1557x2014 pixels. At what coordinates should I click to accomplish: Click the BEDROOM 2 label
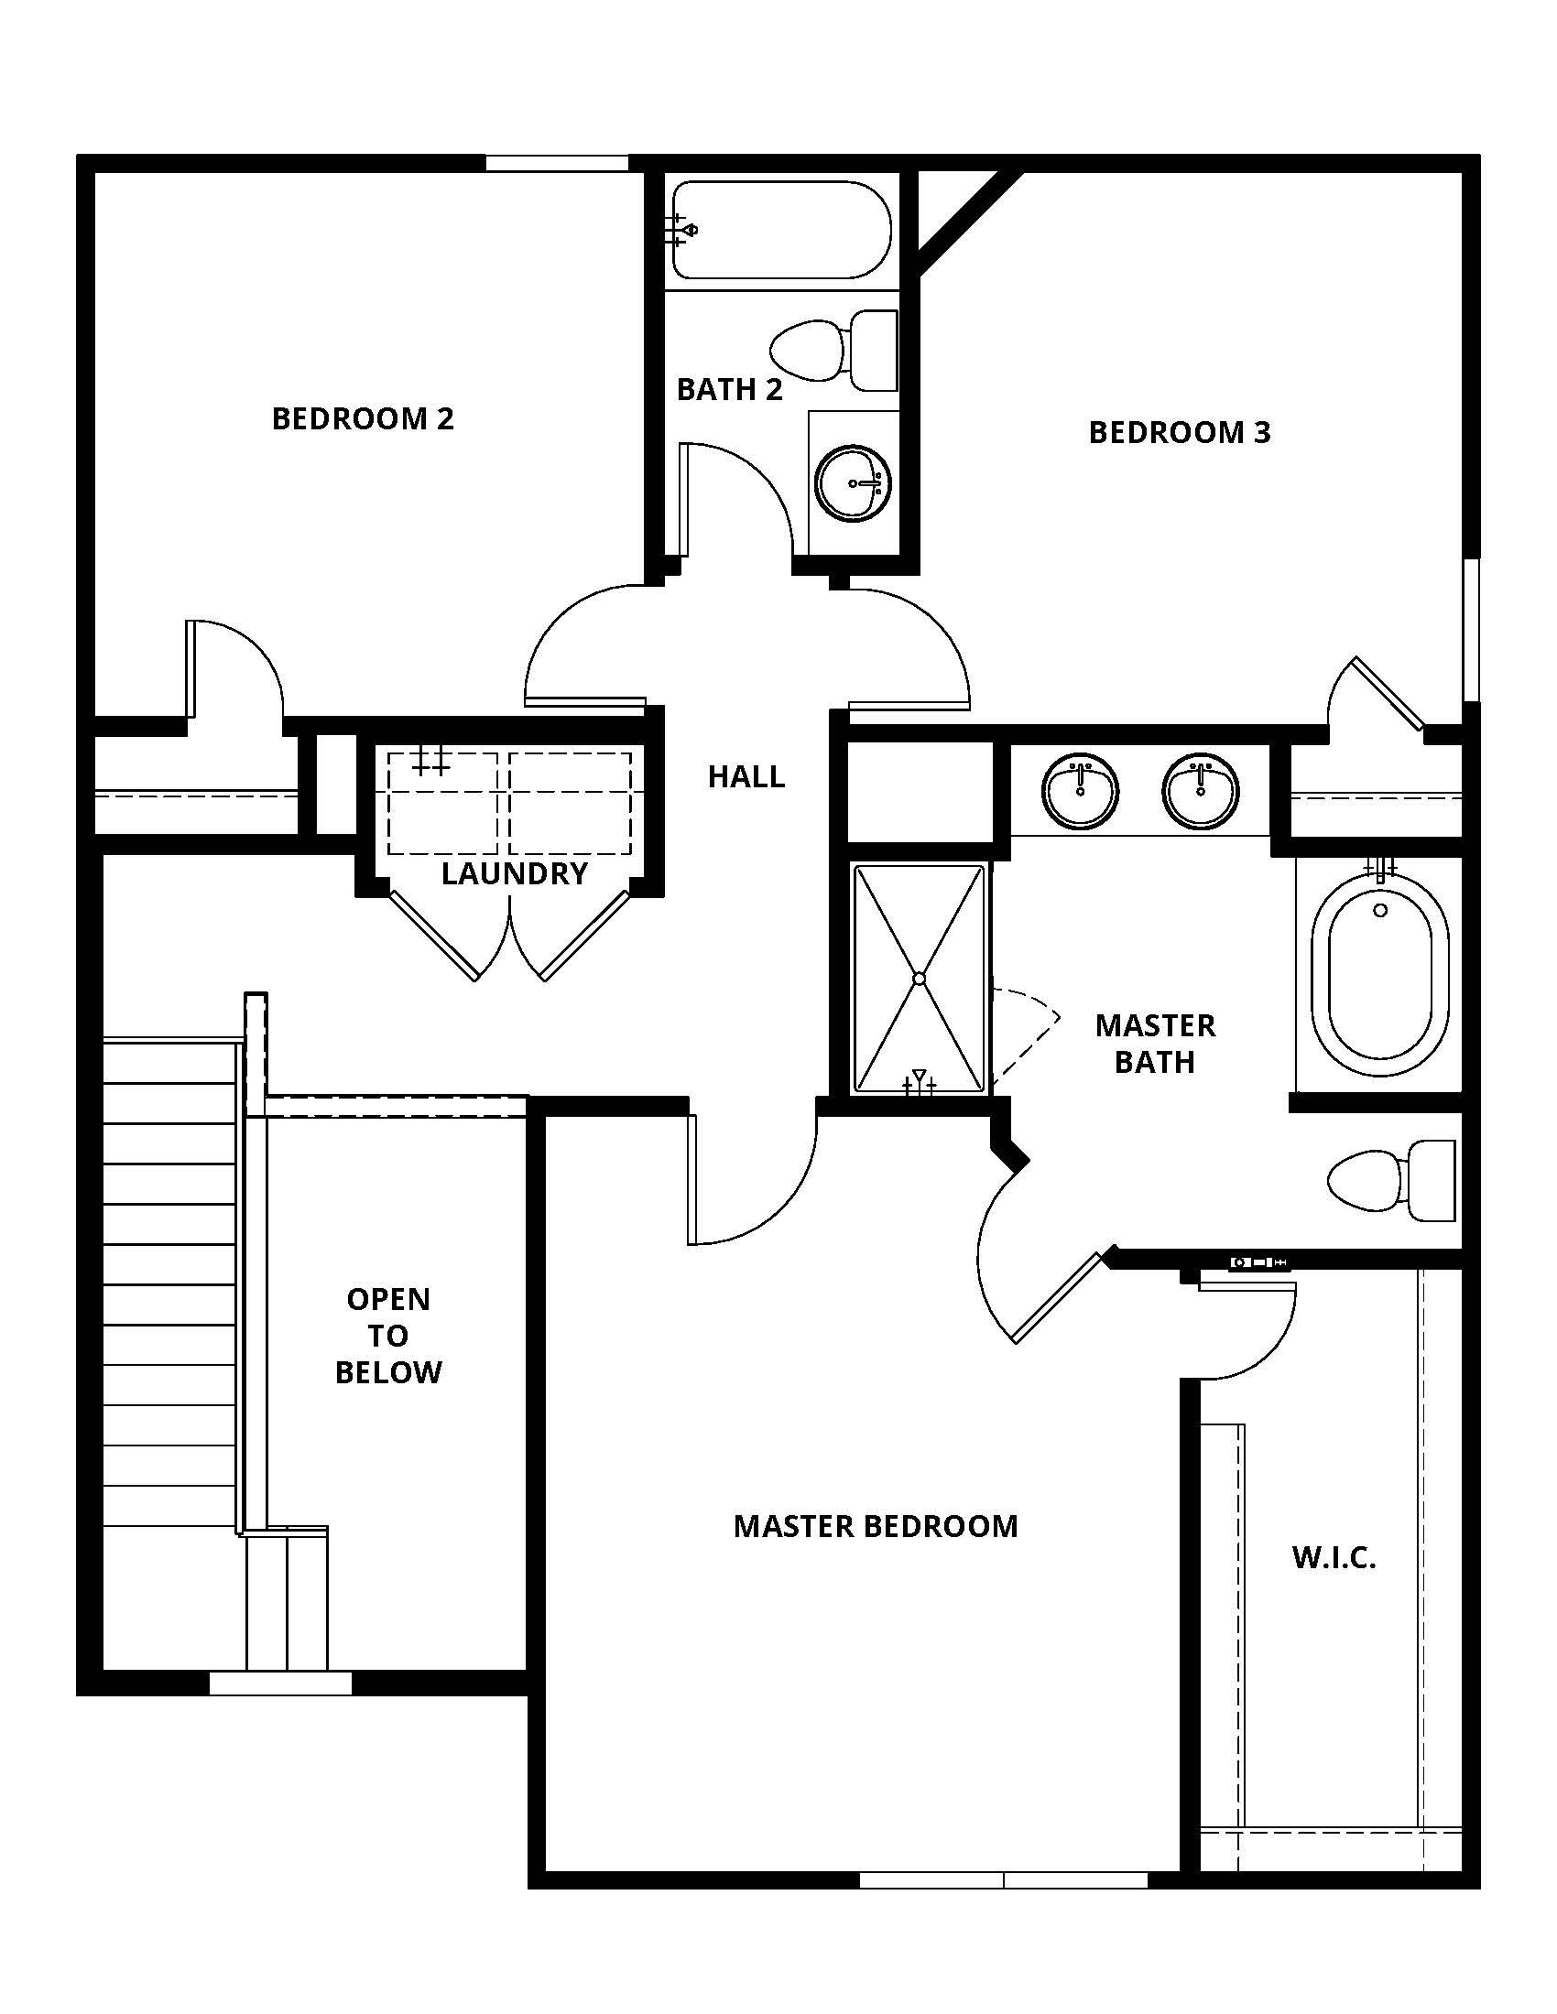click(363, 418)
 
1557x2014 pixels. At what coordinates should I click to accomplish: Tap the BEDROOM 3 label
click(1180, 432)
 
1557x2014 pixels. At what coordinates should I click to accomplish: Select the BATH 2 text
click(730, 390)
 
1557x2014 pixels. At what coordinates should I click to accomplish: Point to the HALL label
click(746, 777)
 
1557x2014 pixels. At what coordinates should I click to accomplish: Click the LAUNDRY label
click(515, 873)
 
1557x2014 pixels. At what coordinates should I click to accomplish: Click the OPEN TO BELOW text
click(388, 1337)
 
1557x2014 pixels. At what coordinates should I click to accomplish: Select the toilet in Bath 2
click(833, 351)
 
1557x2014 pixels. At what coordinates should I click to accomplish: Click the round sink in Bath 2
click(855, 483)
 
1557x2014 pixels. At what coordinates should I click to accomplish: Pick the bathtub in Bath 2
click(782, 230)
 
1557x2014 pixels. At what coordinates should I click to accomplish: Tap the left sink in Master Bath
click(1080, 790)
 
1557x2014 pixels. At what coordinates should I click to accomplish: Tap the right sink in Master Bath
click(1201, 790)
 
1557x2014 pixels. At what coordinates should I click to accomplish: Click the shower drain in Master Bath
click(920, 979)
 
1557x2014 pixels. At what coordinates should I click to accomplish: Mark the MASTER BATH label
click(1155, 1044)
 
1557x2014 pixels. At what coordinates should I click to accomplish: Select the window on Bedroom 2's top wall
click(557, 163)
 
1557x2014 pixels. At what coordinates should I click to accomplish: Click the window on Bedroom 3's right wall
click(1472, 630)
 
